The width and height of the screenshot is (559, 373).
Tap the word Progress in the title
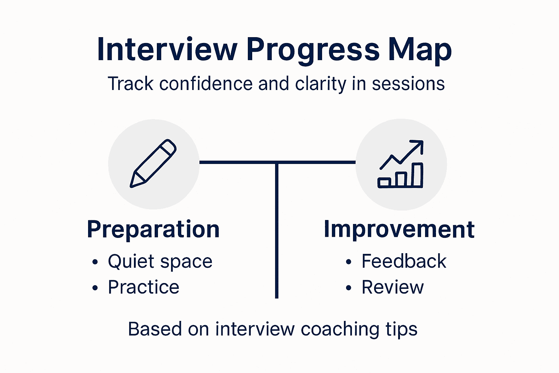pos(313,50)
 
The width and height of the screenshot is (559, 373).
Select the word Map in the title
pos(420,50)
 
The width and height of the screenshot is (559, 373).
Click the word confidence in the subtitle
pos(206,83)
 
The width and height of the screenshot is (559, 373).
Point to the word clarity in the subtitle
pos(321,84)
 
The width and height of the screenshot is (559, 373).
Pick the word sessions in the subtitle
pos(408,83)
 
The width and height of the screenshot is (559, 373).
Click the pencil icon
pos(153,164)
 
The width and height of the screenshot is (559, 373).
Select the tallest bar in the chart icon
pos(417,175)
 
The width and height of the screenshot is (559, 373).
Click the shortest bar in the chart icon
pos(384,182)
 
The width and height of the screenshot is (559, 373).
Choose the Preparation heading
pos(153,229)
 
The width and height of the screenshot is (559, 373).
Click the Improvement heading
pos(399,229)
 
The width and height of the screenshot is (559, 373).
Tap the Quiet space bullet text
pos(160,262)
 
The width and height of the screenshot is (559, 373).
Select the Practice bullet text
pos(143,287)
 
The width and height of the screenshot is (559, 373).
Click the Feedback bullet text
pos(404,261)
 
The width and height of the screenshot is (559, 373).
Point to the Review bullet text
pos(392,287)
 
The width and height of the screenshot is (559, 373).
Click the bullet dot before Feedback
pos(349,262)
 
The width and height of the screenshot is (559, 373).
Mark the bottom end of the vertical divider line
pos(277,297)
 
